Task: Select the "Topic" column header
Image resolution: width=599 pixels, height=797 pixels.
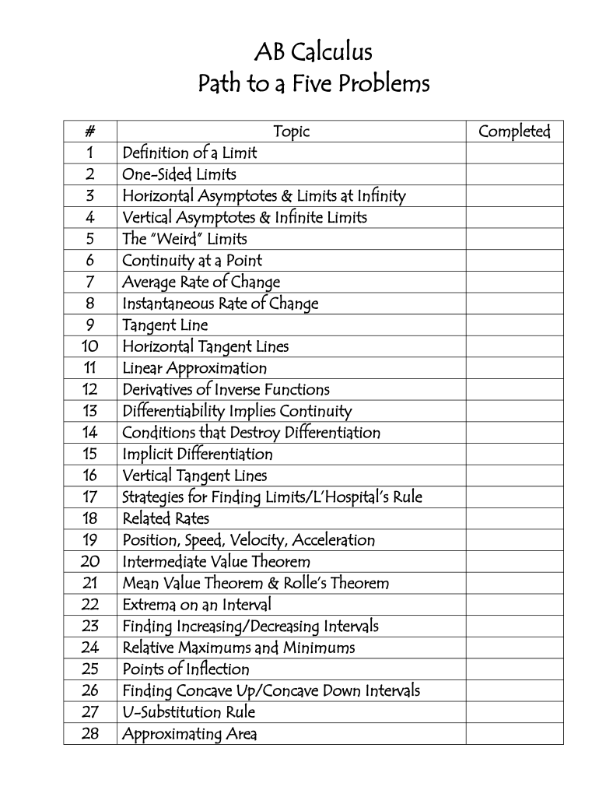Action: coord(291,132)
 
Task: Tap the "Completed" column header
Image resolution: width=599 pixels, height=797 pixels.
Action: coord(514,132)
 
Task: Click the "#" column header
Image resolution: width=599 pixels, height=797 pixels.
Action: coord(90,132)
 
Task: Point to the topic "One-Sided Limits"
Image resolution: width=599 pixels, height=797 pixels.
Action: coord(179,174)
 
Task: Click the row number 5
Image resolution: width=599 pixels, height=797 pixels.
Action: coord(90,239)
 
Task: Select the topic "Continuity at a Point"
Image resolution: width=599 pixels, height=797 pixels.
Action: coord(192,261)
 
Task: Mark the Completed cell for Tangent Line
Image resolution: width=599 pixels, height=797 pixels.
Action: coord(514,325)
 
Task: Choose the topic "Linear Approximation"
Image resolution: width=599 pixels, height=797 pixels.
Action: coord(194,368)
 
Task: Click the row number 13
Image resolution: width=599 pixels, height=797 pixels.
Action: coord(90,411)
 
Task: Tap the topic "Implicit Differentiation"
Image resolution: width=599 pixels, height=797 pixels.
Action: coord(198,454)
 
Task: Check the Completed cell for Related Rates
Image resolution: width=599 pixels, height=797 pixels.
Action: coord(514,518)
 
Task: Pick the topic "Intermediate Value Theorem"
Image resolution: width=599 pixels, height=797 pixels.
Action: coord(216,561)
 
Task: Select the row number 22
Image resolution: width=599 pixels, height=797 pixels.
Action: coord(90,605)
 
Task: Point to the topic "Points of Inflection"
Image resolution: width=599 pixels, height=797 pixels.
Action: coord(186,669)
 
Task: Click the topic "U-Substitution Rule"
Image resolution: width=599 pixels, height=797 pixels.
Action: coord(189,712)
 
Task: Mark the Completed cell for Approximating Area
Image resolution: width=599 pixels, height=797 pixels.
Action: coord(514,734)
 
